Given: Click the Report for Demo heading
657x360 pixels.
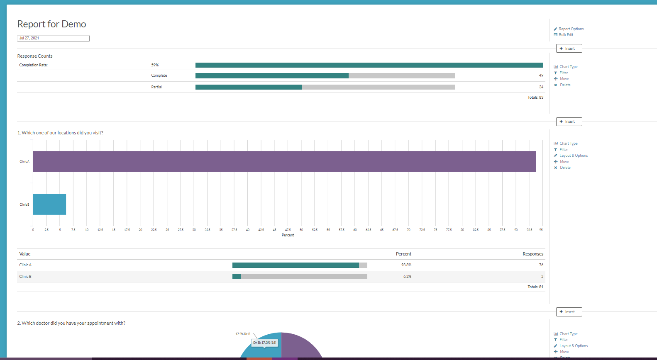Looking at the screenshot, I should (51, 24).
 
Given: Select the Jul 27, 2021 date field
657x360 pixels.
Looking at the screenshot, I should (53, 38).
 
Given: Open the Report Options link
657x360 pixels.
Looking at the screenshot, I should (571, 29).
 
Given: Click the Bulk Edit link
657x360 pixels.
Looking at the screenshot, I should (566, 35).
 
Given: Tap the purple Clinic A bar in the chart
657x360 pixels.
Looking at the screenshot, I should (284, 161).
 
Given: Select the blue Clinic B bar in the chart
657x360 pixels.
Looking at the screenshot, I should (49, 204).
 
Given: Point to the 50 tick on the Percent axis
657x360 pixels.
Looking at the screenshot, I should (301, 230).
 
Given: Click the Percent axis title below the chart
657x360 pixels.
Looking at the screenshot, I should (288, 235).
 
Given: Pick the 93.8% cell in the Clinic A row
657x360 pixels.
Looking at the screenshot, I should (406, 265).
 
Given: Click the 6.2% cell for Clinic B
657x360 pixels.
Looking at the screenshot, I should (407, 277).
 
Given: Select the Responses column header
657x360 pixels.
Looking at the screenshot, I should (532, 254).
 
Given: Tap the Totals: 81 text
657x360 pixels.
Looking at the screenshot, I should (535, 287).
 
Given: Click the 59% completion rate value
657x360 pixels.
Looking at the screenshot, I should (155, 65).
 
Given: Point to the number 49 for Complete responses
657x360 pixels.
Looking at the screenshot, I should (541, 75).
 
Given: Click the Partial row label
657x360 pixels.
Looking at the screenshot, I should (156, 87).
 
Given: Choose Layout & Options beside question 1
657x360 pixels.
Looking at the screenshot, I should (573, 156).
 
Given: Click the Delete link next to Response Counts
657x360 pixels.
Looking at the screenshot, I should (565, 85).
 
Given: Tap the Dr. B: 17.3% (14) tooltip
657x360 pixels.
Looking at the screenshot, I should (265, 343).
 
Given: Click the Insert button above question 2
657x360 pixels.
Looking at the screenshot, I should (569, 312).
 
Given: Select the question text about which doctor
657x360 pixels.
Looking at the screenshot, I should (71, 323).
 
